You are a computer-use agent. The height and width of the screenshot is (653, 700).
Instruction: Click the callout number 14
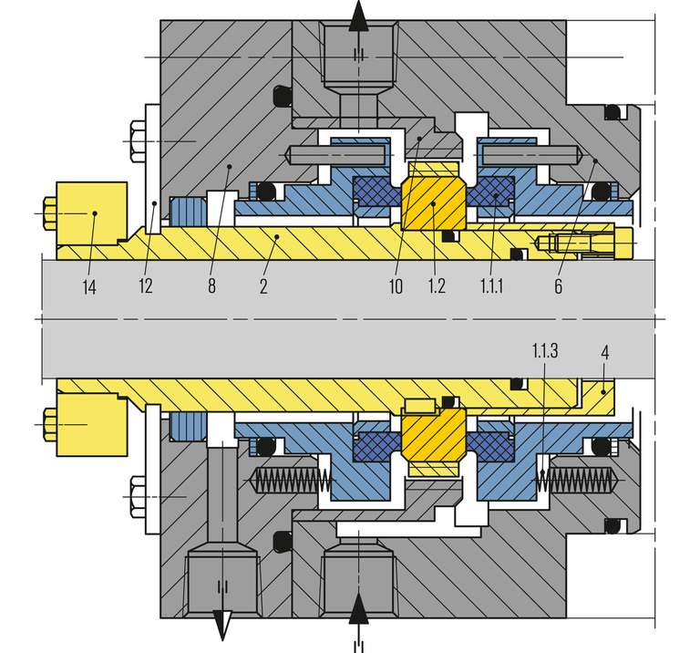tap(89, 286)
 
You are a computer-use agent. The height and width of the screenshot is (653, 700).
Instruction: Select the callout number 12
tap(146, 285)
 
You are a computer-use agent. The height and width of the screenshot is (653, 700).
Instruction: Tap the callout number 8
tap(211, 285)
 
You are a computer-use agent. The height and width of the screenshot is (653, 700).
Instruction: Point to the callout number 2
tap(263, 285)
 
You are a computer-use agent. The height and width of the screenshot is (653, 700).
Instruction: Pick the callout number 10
tap(396, 286)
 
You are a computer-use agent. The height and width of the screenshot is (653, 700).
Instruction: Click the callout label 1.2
tap(437, 285)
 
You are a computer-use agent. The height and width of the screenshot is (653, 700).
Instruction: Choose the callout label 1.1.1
tap(491, 285)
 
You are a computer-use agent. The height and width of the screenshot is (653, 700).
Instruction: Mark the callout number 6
tap(558, 286)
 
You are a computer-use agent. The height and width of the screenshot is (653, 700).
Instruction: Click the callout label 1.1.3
tap(545, 350)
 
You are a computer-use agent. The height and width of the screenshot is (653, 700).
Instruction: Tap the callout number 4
tap(605, 353)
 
